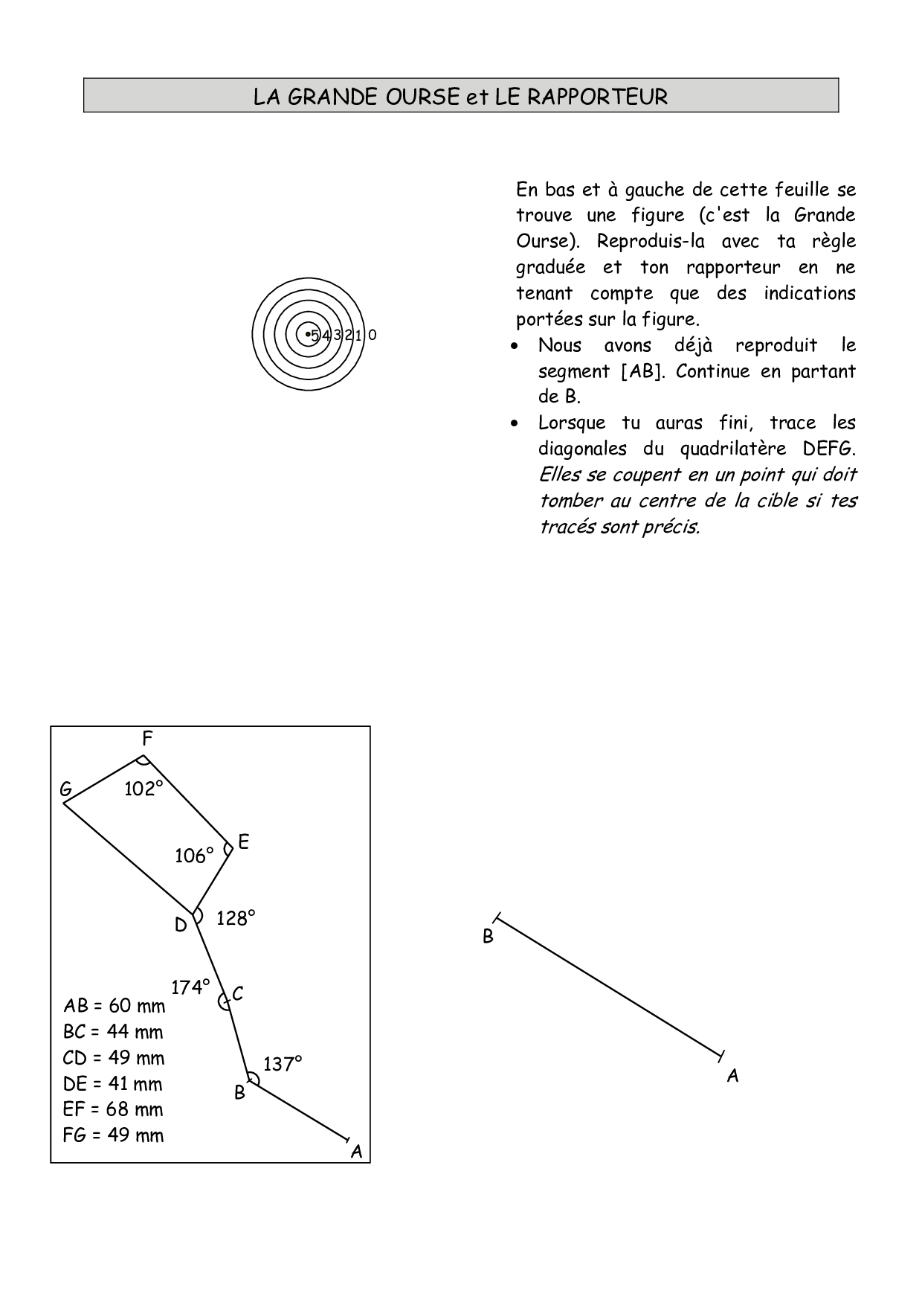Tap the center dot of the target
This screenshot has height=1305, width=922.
coord(308,334)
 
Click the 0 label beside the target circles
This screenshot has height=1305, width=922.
coord(373,336)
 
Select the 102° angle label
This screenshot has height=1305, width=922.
coord(143,789)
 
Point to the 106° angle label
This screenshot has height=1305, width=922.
coord(194,856)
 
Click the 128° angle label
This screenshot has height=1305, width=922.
coord(236,919)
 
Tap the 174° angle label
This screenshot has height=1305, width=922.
coord(190,987)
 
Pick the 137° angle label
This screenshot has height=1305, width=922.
coord(283,1065)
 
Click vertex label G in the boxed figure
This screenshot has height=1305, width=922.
coord(66,789)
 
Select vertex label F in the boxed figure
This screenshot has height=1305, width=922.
coord(147,739)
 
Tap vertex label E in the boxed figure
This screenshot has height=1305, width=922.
coord(243,843)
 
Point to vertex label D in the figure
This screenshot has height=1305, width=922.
coord(181,926)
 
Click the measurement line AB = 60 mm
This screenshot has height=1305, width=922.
coord(115,1006)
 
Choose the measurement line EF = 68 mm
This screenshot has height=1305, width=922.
coord(113,1109)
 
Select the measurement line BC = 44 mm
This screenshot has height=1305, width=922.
coord(113,1032)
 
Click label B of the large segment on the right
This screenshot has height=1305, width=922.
coord(488,937)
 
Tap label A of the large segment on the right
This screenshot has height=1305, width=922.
coord(732,1076)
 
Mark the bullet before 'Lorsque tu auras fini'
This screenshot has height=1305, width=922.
coord(514,424)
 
